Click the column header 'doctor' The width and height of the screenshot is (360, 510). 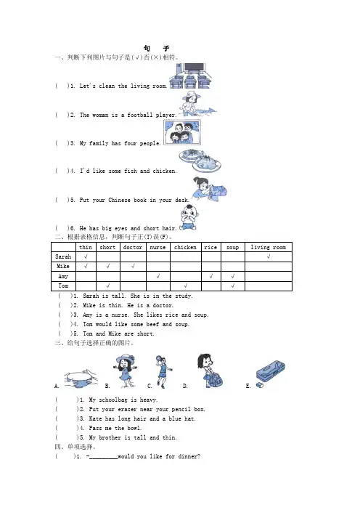tap(133, 247)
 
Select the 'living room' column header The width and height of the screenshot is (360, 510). tap(269, 247)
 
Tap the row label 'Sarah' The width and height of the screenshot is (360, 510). tap(63, 256)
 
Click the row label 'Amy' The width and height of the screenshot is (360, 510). tap(63, 276)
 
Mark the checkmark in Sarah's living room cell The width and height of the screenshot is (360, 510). tap(269, 256)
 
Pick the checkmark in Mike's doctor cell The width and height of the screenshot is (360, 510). tap(134, 266)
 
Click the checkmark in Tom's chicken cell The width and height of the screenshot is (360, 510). tap(186, 286)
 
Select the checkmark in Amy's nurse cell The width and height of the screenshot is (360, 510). tap(158, 276)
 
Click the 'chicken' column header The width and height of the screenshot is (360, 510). tap(185, 247)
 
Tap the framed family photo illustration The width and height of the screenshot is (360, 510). tap(182, 132)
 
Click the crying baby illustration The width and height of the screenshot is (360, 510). tap(189, 218)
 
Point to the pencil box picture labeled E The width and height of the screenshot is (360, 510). tap(270, 373)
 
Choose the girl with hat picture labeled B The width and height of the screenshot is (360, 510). tap(126, 371)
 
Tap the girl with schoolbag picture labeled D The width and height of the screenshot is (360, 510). tap(210, 371)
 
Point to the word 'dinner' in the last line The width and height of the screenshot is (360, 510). tap(188, 456)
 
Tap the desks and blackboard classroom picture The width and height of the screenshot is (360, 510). tap(190, 76)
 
